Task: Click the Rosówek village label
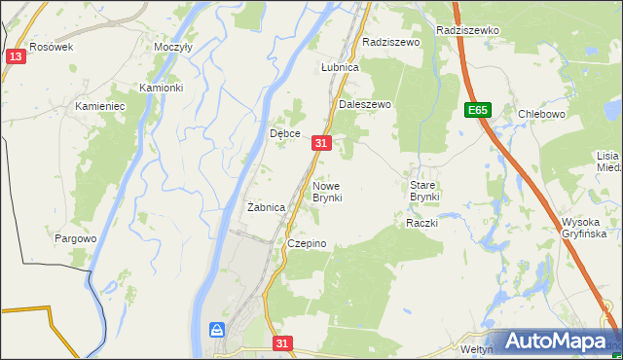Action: pos(52,47)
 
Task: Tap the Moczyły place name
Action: pos(173,47)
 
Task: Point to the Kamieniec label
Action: pos(100,105)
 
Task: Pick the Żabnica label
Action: pos(266,207)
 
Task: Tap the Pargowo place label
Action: pos(76,238)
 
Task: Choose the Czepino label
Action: pos(306,243)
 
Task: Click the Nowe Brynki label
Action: pos(327,191)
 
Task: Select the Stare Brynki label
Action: pos(424,191)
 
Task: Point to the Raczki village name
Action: pos(422,223)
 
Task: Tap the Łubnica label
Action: pos(341,68)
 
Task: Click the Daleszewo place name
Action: pos(364,104)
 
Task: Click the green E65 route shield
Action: pos(477,110)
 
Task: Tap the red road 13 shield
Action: pos(15,57)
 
